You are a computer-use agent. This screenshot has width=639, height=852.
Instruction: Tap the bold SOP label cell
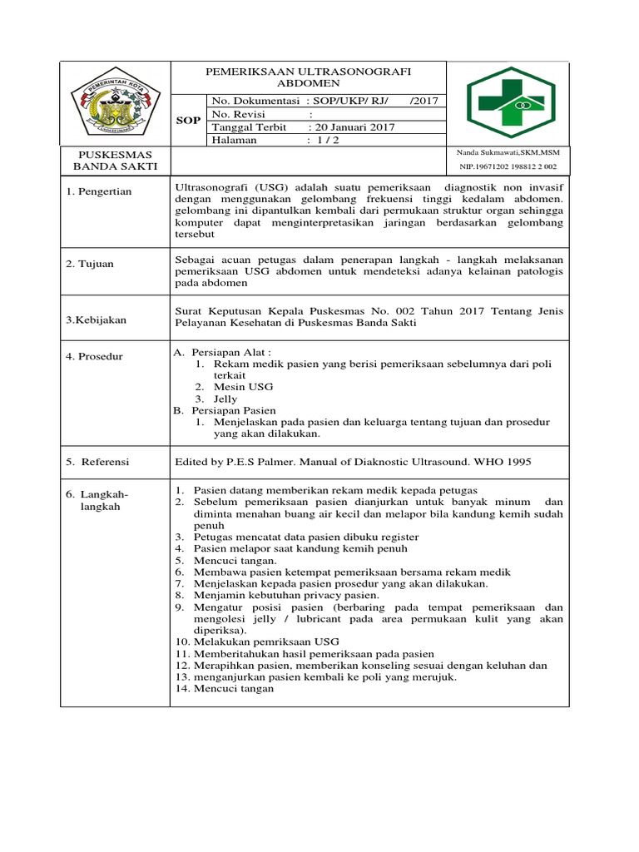point(189,121)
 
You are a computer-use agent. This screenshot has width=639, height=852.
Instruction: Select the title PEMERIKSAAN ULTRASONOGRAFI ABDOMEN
point(309,77)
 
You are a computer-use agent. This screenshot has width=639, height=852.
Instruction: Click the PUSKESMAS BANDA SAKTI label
point(115,161)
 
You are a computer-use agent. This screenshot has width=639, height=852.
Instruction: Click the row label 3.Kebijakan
point(97,319)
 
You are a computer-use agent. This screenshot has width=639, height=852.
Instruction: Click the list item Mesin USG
point(243,387)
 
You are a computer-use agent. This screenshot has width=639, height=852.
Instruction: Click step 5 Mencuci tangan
point(235,561)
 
